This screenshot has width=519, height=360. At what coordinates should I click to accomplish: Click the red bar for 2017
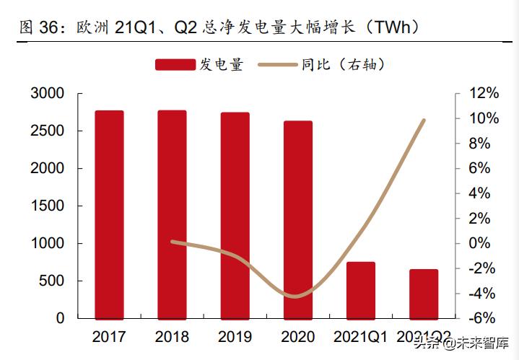tap(109, 214)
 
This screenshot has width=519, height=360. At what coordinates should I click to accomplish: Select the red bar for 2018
tap(172, 214)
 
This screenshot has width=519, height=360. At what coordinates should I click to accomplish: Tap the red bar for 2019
tap(235, 215)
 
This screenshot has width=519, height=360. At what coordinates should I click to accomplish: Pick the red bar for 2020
tap(297, 219)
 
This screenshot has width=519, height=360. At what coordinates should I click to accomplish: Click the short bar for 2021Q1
tap(360, 290)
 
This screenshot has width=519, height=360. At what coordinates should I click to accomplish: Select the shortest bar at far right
tap(423, 294)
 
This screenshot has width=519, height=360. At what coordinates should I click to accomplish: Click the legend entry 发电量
tap(200, 65)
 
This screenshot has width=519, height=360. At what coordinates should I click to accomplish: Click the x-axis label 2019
tap(235, 337)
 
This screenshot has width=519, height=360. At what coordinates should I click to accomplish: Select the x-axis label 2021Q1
tap(360, 337)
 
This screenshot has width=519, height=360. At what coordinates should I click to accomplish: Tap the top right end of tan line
tap(424, 120)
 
